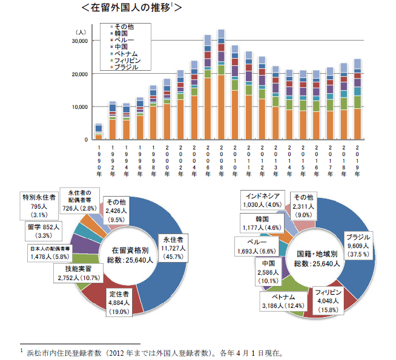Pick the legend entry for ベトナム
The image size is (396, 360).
click(x=127, y=53)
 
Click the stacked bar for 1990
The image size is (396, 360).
click(x=99, y=132)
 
